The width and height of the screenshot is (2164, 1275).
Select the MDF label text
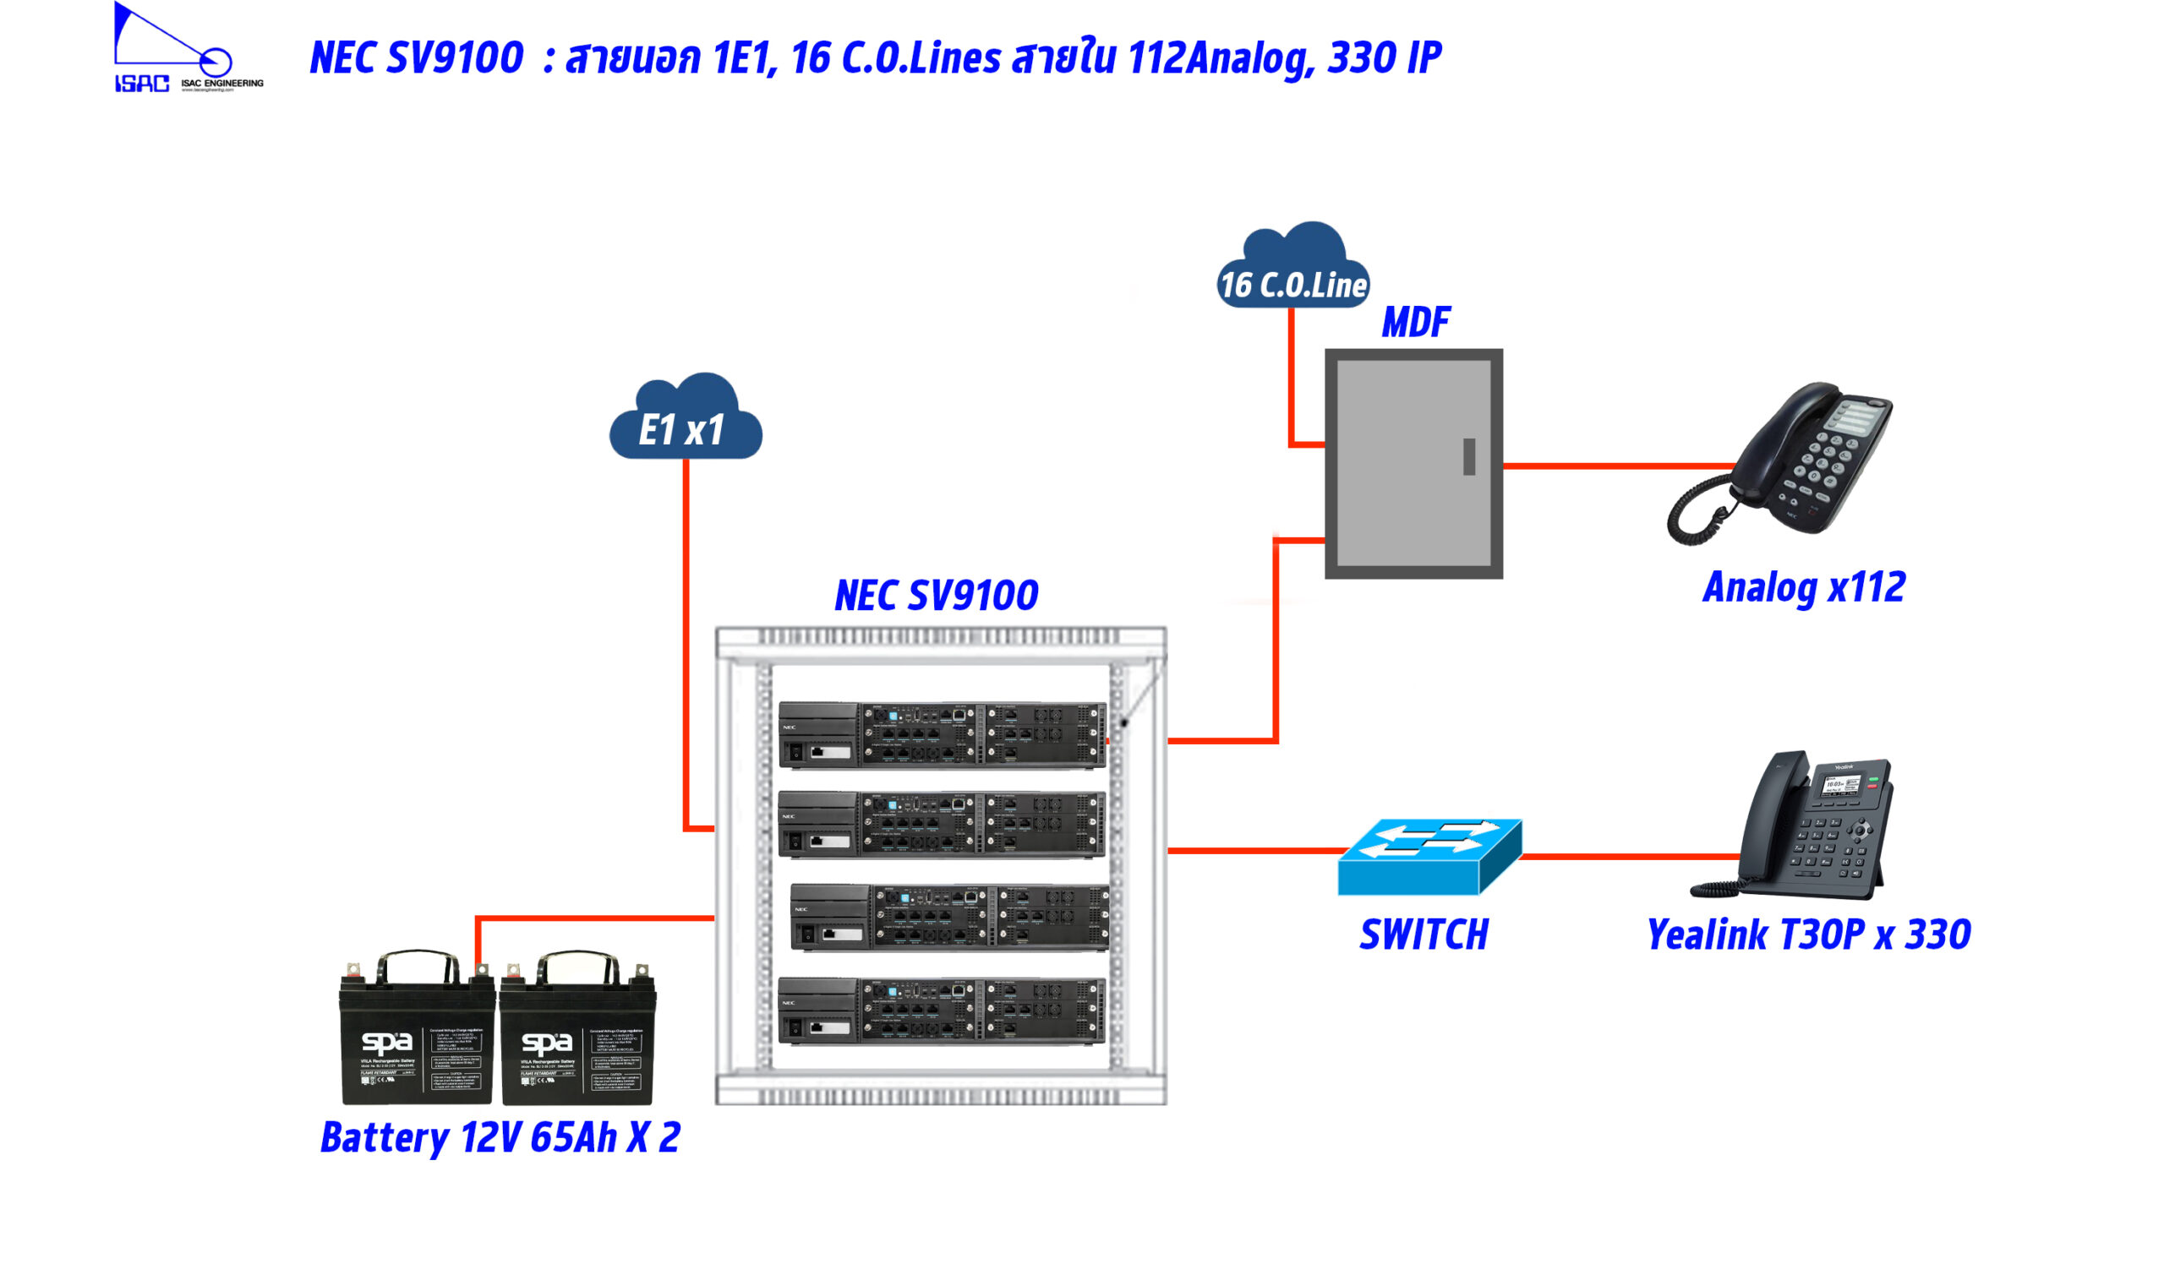click(x=1414, y=323)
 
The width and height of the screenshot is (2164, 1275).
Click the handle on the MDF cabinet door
click(x=1469, y=457)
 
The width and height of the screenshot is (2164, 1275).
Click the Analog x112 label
click(x=1803, y=588)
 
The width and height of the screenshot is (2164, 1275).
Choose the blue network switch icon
click(x=1429, y=857)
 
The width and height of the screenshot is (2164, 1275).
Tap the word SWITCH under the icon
click(x=1424, y=935)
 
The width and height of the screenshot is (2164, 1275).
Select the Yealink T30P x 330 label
click(x=1807, y=934)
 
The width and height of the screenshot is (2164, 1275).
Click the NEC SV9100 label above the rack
click(x=936, y=596)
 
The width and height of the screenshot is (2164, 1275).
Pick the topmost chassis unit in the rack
click(x=941, y=734)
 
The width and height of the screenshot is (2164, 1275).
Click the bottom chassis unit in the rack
click(x=941, y=1011)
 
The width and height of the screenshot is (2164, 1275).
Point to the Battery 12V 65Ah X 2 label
click(x=500, y=1137)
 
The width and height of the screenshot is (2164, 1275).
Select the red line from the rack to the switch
click(x=1254, y=852)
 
